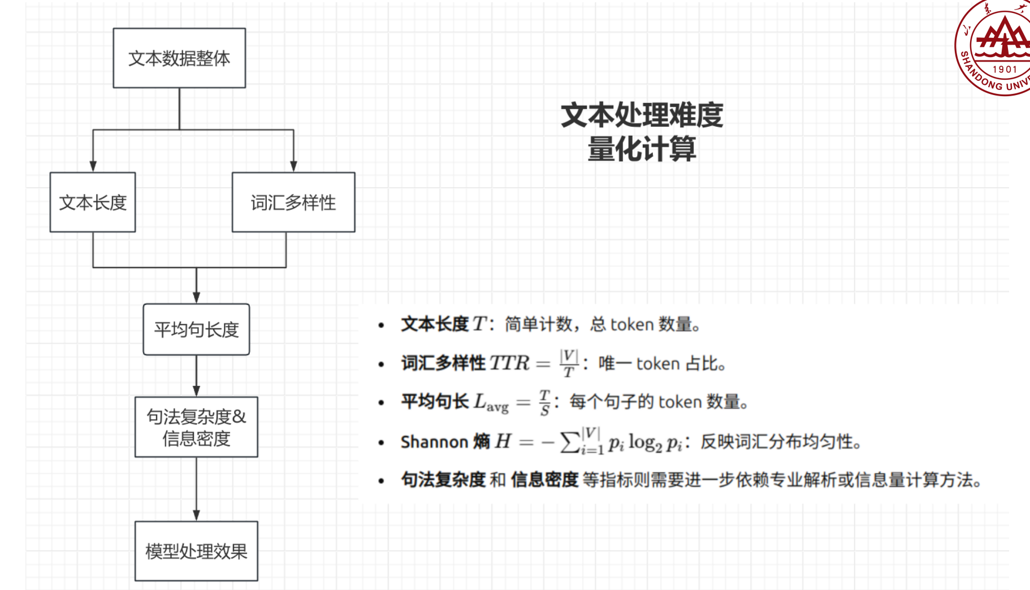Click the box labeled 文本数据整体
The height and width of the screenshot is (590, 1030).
click(179, 58)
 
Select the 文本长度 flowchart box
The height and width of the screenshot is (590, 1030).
click(93, 203)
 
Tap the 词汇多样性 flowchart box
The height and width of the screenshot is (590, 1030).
click(293, 203)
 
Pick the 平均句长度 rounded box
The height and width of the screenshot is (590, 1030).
click(196, 330)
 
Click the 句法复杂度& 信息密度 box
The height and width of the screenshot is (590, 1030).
click(196, 427)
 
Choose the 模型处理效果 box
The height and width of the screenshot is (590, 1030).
click(196, 551)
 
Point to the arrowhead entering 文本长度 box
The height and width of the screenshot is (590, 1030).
click(93, 166)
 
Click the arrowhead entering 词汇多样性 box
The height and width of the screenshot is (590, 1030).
click(293, 166)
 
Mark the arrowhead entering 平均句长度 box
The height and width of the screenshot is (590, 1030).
click(196, 298)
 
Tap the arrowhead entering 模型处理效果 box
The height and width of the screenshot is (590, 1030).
click(196, 515)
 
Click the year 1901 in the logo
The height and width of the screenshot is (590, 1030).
click(1005, 69)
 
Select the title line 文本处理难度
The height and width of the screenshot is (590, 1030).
click(642, 115)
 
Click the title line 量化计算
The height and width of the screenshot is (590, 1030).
click(642, 149)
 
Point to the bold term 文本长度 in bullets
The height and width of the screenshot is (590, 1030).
click(435, 324)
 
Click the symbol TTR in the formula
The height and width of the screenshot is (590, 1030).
click(509, 363)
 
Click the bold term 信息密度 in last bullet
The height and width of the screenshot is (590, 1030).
click(544, 480)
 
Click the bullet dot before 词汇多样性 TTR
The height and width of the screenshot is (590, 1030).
click(382, 364)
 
